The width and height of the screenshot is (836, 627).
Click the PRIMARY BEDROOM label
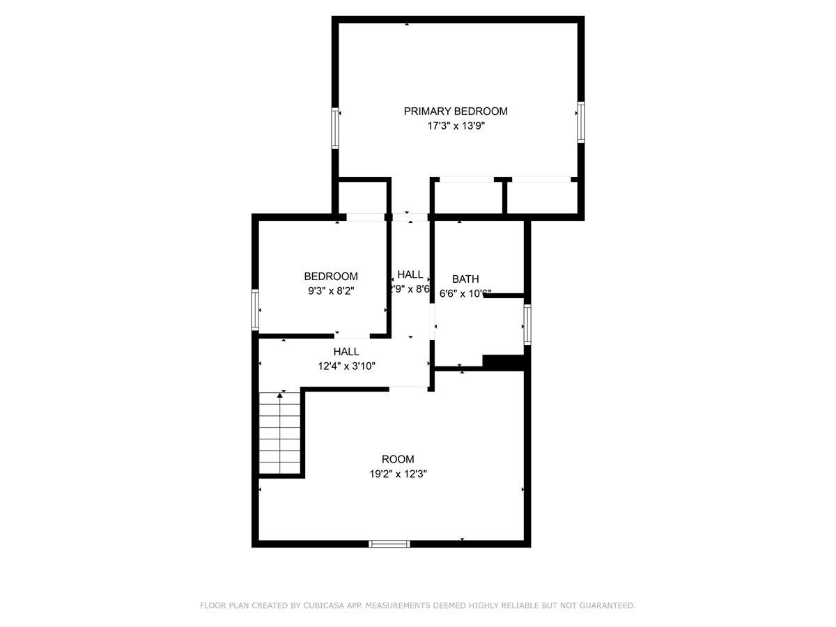tap(456, 111)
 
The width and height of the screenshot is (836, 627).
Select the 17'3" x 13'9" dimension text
tap(456, 127)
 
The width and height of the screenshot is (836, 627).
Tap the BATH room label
tap(465, 279)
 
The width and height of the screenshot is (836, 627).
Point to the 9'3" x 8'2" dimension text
tap(331, 291)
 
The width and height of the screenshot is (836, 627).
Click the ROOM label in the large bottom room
tap(398, 459)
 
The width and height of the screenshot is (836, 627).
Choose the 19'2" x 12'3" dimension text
tap(398, 474)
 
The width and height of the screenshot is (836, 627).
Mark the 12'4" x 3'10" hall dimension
tap(346, 366)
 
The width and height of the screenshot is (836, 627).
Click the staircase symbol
tap(280, 433)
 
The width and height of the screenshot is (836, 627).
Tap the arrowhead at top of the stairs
tap(281, 395)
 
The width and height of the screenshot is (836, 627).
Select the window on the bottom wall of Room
tap(389, 543)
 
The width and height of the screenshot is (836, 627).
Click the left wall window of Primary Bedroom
tap(335, 128)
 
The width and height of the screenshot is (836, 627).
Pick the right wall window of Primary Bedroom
tap(580, 123)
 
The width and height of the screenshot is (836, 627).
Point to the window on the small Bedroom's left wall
tap(256, 310)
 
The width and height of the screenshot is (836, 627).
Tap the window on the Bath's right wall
tap(527, 325)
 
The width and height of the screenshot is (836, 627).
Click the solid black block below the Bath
tap(503, 363)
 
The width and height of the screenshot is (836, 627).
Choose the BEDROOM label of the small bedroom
tap(331, 277)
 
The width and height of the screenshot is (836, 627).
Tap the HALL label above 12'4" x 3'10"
tap(346, 352)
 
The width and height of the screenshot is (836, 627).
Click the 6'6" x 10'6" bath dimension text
tap(465, 294)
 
